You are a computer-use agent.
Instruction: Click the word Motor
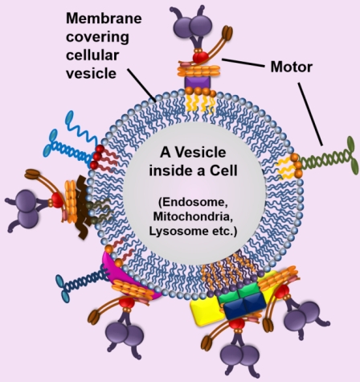click(x=292, y=67)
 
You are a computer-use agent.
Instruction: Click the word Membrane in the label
click(x=104, y=18)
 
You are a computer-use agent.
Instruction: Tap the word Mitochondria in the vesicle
click(x=193, y=216)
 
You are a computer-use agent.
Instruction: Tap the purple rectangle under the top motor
click(x=198, y=82)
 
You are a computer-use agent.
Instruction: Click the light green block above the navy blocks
click(x=238, y=293)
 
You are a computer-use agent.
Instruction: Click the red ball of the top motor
click(x=200, y=57)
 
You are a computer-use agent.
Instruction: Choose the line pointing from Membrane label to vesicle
click(x=141, y=85)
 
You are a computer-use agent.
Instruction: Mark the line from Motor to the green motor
click(x=310, y=114)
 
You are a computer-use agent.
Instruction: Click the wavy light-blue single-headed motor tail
click(x=80, y=129)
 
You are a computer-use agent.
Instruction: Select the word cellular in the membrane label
click(x=92, y=55)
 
